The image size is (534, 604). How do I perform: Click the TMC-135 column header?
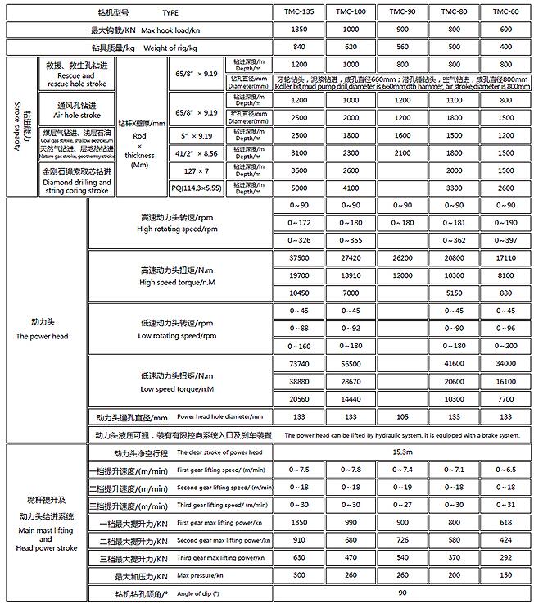(x=298, y=13)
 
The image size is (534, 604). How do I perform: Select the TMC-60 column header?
(x=505, y=13)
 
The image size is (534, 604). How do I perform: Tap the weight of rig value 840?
(x=298, y=48)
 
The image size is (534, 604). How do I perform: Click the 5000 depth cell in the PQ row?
(x=298, y=187)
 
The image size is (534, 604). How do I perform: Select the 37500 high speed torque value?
(x=298, y=257)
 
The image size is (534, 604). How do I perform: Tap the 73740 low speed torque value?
(x=298, y=363)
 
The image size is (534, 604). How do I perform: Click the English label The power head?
(x=47, y=337)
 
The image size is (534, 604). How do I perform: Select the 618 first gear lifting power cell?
(x=505, y=522)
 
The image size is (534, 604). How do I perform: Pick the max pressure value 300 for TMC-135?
(x=298, y=575)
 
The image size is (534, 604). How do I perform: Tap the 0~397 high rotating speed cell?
(x=505, y=239)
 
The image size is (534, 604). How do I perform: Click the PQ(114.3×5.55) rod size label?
(x=197, y=187)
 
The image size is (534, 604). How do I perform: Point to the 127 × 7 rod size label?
(x=197, y=170)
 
